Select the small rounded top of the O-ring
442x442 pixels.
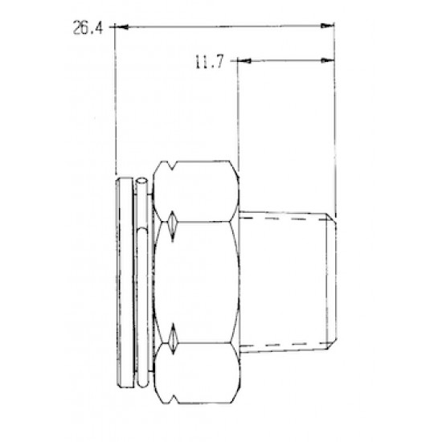pyautogui.click(x=141, y=180)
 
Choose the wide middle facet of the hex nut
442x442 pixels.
pyautogui.click(x=201, y=281)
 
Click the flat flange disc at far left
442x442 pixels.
pyautogui.click(x=120, y=281)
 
